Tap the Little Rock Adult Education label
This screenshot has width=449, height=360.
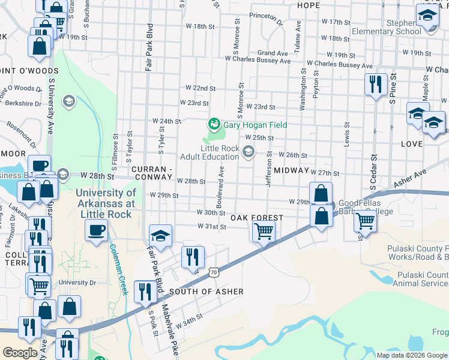click(220, 152)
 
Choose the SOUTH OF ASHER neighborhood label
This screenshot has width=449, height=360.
click(206, 292)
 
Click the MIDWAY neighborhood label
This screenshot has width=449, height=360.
click(290, 171)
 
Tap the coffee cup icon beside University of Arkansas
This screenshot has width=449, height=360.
click(96, 230)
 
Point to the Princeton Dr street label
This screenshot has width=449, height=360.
click(265, 19)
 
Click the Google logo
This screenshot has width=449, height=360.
click(20, 353)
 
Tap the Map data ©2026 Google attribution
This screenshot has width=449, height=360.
click(412, 355)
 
